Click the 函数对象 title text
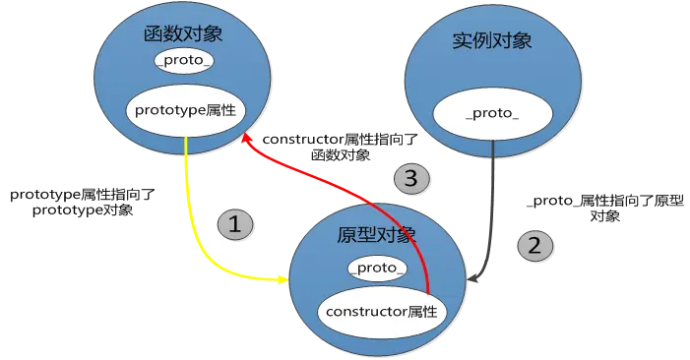point(183,34)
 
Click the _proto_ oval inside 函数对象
point(184,62)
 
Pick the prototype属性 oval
point(185,111)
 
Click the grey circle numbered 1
point(234,224)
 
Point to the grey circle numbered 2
point(534,246)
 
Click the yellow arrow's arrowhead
point(284,281)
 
